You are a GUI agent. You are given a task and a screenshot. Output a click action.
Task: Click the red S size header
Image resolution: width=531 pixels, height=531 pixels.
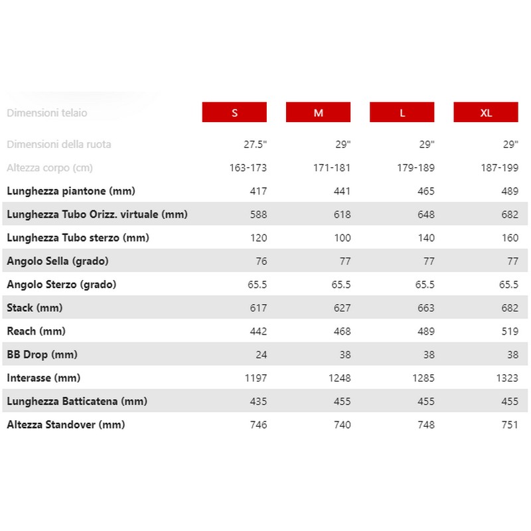(x=234, y=112)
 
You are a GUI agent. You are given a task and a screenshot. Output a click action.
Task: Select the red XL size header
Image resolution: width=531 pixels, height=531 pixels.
(x=486, y=112)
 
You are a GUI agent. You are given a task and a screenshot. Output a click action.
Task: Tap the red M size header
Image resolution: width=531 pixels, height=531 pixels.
(x=319, y=112)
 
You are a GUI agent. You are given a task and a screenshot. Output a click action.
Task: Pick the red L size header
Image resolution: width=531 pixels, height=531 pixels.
(x=402, y=112)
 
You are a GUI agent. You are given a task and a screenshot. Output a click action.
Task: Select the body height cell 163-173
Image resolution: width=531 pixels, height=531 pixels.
(x=248, y=167)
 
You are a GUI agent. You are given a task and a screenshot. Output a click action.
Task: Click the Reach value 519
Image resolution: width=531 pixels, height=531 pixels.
(x=509, y=331)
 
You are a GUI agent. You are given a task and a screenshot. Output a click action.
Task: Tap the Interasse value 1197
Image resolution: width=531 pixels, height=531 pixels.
(x=255, y=378)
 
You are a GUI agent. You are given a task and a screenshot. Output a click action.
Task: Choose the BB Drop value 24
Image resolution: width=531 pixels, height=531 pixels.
(x=261, y=354)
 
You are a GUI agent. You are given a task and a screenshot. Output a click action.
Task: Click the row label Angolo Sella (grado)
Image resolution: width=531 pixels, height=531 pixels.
(x=58, y=261)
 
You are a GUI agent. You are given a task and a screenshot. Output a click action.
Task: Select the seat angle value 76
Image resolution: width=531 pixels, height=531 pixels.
(x=261, y=261)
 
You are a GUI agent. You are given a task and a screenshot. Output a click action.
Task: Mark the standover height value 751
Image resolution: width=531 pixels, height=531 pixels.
(x=509, y=425)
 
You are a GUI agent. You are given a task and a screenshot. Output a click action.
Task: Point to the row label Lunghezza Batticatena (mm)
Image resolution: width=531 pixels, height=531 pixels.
(x=77, y=401)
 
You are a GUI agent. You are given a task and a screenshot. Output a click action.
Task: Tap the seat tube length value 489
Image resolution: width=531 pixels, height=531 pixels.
(x=509, y=191)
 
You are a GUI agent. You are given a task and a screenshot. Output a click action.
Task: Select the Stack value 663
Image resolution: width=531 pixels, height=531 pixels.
(x=425, y=308)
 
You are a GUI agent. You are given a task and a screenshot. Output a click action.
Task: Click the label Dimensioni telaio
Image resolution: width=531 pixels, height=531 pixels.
(x=47, y=112)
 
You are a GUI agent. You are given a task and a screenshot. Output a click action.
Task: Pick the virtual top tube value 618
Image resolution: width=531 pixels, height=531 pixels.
(x=342, y=214)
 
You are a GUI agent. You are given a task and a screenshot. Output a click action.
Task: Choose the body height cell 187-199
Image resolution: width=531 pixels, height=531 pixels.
(x=499, y=167)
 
